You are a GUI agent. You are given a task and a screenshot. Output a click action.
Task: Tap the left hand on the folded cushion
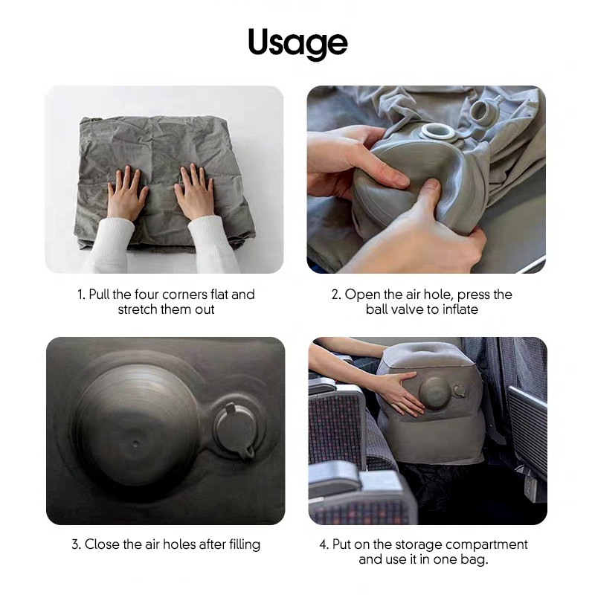(127, 193)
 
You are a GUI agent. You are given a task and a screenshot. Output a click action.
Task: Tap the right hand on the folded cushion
(195, 192)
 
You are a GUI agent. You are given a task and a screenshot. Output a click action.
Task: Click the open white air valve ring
(437, 132)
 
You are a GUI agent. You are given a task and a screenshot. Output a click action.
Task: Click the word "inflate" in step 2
(460, 309)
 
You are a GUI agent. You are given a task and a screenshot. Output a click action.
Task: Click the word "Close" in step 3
(101, 544)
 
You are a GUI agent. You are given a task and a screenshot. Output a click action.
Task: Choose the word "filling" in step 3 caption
(245, 544)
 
